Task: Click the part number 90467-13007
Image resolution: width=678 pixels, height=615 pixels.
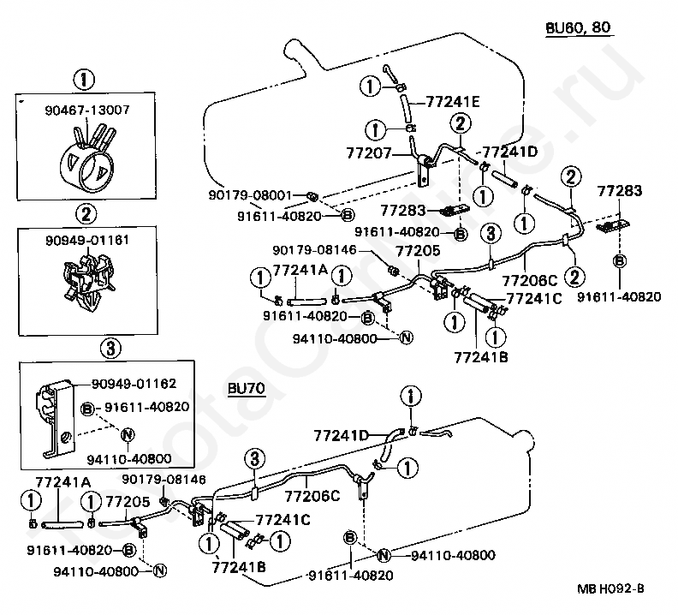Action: (x=87, y=110)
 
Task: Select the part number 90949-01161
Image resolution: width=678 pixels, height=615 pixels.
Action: (x=87, y=240)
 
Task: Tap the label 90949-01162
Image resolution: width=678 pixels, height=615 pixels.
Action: (x=134, y=384)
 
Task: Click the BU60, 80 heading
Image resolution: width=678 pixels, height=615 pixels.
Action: (x=578, y=27)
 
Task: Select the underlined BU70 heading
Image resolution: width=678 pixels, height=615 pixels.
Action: (x=247, y=389)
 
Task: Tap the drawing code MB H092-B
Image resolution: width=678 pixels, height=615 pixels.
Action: (x=610, y=588)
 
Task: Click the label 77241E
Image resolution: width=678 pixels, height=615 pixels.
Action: (x=453, y=102)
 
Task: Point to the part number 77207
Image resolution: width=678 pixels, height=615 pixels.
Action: (x=368, y=153)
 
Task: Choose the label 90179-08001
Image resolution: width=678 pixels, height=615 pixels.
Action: (x=250, y=195)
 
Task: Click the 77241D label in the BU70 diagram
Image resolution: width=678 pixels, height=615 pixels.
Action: (x=341, y=435)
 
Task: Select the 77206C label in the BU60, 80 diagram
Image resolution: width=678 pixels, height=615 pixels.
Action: (x=530, y=281)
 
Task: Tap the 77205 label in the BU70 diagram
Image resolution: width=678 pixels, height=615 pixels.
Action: (x=128, y=502)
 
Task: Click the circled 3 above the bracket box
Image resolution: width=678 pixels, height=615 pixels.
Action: (x=110, y=348)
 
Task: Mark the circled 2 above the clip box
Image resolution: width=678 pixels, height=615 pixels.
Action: (x=86, y=214)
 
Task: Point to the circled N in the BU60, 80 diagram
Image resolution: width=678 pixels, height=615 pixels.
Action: (x=406, y=337)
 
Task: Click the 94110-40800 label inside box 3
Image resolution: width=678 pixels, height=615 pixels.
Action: (x=129, y=459)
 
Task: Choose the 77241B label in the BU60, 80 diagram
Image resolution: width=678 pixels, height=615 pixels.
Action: (x=481, y=357)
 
